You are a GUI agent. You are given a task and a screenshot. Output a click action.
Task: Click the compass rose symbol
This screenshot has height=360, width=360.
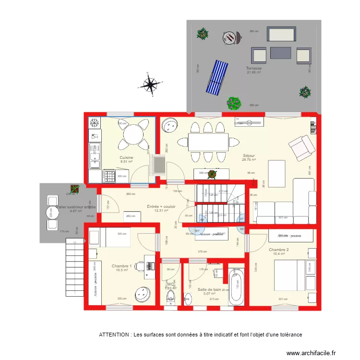(151, 86)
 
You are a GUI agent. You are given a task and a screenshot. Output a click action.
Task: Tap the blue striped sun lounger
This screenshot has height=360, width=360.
(217, 77)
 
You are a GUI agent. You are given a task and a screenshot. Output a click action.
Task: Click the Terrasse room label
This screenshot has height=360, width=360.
(254, 68)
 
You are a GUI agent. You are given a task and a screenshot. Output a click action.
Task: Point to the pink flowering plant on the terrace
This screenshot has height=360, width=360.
(234, 103)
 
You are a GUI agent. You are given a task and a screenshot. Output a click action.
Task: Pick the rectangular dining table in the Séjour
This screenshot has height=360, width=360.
(208, 142)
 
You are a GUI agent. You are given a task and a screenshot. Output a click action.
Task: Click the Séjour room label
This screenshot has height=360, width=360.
(249, 156)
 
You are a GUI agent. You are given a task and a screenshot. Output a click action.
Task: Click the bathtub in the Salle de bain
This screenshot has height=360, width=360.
(236, 287)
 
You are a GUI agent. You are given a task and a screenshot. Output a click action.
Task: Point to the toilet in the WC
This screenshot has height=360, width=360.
(170, 299)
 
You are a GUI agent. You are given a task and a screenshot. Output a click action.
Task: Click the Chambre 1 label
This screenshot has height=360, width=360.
(121, 266)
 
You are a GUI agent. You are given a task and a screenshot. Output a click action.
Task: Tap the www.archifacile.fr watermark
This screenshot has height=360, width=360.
(311, 353)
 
